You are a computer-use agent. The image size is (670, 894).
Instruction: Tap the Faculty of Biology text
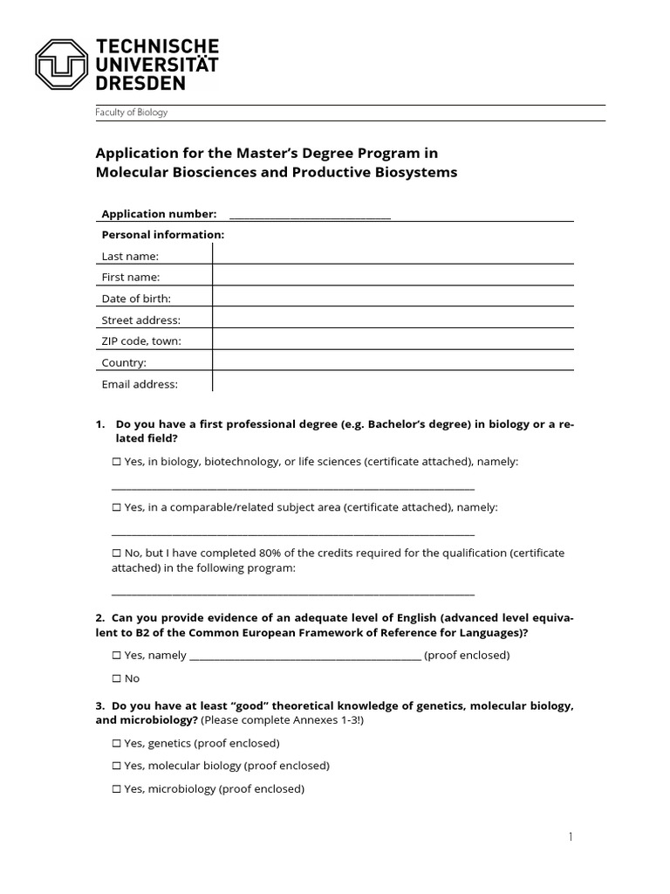coord(131,113)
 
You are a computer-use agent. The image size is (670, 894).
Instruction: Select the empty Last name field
coord(393,255)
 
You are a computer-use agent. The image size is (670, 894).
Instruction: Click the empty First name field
coord(393,277)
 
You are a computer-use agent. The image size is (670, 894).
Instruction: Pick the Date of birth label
coord(136,299)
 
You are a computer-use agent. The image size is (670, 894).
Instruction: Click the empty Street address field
coord(393,320)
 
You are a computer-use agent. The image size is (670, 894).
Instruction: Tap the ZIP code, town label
coord(141,341)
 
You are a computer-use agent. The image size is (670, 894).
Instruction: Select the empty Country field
coord(393,362)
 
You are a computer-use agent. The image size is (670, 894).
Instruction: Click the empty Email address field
coord(393,383)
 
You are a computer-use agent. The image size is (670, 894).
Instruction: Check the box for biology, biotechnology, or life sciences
coord(117,462)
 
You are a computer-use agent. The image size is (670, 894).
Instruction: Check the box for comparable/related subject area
coord(117,507)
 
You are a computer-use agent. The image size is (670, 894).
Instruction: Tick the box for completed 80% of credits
coord(117,553)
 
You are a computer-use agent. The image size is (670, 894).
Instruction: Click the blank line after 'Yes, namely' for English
coord(304,656)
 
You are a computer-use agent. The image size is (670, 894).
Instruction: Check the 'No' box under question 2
coord(117,678)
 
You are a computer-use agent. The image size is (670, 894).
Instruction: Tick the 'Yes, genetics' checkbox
coord(117,744)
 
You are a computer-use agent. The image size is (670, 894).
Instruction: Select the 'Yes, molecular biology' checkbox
coord(117,767)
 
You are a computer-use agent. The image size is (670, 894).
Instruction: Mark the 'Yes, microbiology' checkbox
coord(117,789)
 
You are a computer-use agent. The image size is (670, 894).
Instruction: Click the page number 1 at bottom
coord(571,837)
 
